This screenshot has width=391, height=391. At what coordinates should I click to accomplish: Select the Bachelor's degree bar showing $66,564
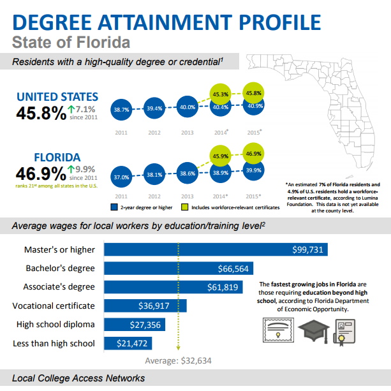[x=179, y=268]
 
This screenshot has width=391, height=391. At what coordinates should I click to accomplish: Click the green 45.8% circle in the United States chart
[x=253, y=93]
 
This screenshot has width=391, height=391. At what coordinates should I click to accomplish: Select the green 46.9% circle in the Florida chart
[x=253, y=153]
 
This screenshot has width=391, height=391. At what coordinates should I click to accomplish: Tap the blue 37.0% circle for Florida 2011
[x=121, y=177]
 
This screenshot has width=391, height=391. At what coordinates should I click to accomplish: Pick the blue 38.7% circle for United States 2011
[x=121, y=110]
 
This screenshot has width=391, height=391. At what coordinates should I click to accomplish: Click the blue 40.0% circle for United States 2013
[x=187, y=107]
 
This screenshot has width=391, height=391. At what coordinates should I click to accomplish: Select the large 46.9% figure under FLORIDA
[x=39, y=172]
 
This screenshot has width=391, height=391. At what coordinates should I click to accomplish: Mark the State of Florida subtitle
[x=71, y=43]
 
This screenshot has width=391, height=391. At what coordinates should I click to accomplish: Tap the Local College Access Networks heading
[x=78, y=378]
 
